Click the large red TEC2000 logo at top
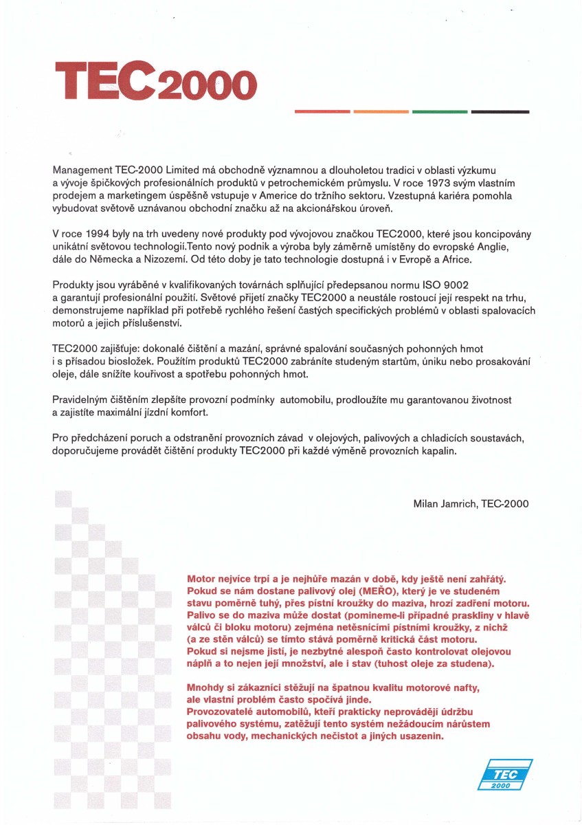(155, 82)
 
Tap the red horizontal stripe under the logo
(322, 111)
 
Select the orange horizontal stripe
(381, 111)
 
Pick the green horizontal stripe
(440, 111)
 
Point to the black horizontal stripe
(500, 111)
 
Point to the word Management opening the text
(81, 169)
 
